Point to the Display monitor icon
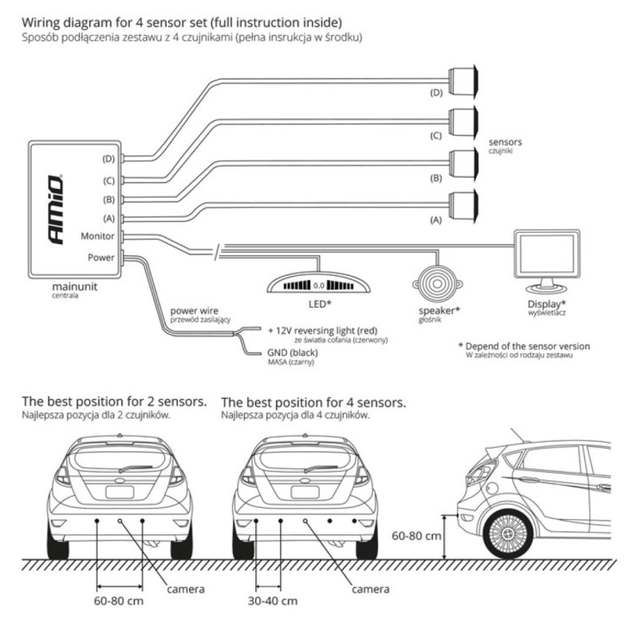[546, 262]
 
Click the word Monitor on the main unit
[99, 236]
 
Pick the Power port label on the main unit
[102, 258]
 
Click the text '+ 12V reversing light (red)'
[322, 329]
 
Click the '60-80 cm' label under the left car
[119, 600]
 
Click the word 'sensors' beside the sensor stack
[505, 141]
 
